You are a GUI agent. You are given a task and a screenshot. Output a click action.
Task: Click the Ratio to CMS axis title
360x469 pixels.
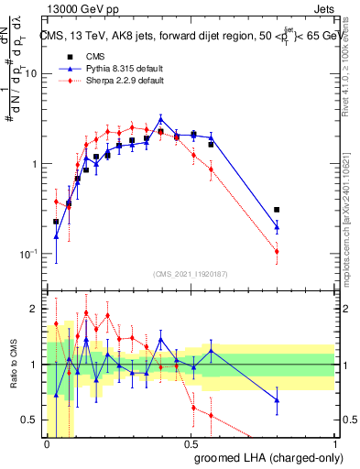pos(11,365)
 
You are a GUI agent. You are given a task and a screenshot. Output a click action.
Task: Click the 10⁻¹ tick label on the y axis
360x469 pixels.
pos(27,254)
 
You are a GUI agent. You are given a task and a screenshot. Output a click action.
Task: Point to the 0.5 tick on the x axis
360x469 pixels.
pos(191,444)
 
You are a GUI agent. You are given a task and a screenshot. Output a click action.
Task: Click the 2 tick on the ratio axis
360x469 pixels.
pos(34,310)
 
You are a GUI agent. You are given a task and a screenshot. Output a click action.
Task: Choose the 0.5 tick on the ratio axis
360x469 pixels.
pos(30,420)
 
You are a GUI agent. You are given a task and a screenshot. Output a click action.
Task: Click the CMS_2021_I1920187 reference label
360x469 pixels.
pos(191,274)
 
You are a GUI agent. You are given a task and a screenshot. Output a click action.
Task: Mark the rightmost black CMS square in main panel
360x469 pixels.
pos(277,210)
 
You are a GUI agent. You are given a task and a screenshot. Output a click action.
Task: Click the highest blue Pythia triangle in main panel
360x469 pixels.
pos(161,119)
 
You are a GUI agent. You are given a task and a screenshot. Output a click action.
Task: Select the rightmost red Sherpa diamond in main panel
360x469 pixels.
pos(277,251)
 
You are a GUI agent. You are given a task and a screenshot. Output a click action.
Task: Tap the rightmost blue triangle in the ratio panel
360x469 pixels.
pos(277,399)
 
